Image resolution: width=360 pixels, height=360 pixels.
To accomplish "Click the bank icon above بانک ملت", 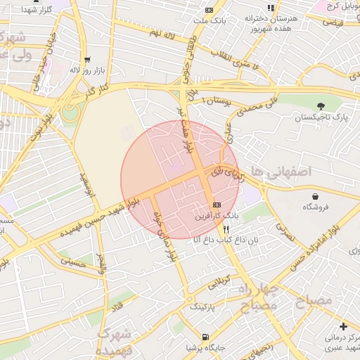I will (x=209, y=11).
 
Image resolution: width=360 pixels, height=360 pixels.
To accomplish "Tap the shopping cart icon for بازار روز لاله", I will (x=87, y=60).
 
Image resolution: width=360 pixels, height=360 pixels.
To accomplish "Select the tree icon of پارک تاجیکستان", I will (x=322, y=105).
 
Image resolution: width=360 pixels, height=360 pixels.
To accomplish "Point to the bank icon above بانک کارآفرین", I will (x=217, y=203).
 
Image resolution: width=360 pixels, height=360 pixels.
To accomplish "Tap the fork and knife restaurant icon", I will (x=226, y=229).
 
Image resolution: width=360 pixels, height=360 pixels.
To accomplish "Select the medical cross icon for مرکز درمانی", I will (x=342, y=326).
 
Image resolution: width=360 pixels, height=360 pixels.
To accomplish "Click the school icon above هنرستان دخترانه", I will (x=271, y=8).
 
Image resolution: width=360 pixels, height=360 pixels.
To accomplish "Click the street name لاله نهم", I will (x=160, y=33).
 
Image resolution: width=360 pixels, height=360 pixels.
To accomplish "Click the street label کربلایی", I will (x=221, y=281).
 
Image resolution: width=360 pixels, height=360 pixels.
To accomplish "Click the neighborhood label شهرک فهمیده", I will (x=112, y=341).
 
